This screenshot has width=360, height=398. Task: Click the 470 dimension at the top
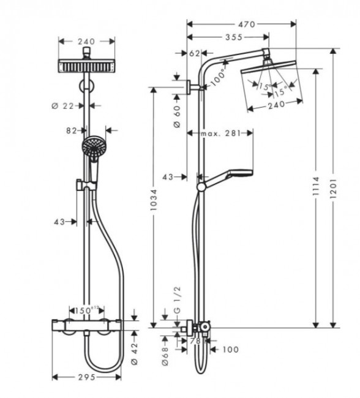click(246, 24)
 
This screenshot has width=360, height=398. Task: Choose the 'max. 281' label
click(219, 133)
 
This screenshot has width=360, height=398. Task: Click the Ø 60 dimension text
click(177, 116)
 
